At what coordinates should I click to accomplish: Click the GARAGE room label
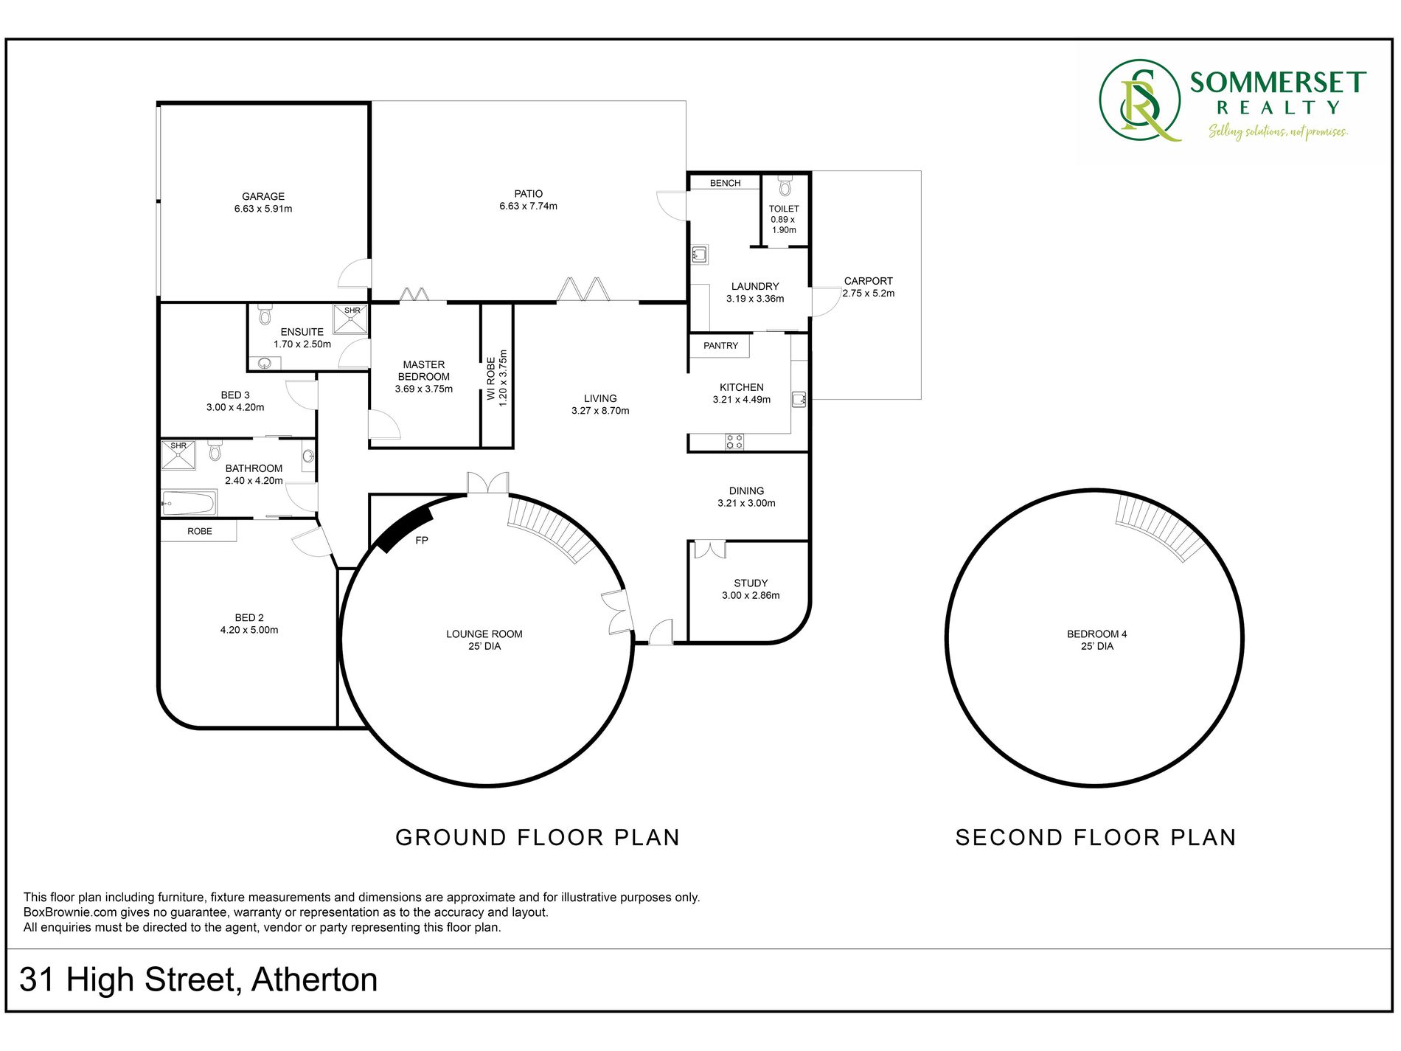click(x=263, y=196)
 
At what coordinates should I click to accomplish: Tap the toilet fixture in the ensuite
click(x=265, y=315)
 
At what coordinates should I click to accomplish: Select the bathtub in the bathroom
click(x=189, y=504)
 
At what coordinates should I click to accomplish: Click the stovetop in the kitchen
click(x=734, y=442)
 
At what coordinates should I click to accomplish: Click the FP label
click(x=422, y=541)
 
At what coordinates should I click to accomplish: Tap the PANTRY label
click(x=720, y=345)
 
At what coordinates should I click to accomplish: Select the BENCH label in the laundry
click(x=726, y=183)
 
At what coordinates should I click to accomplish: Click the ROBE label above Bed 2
click(x=200, y=531)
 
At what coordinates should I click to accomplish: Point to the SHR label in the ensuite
click(x=352, y=311)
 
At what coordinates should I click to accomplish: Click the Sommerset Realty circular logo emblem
click(x=1140, y=100)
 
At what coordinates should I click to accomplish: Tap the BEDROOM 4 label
click(x=1097, y=634)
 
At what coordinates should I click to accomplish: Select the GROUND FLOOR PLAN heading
click(x=538, y=837)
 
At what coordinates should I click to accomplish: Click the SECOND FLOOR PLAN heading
click(x=1096, y=837)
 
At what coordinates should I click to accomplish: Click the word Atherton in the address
click(x=315, y=979)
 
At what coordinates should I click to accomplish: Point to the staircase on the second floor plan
click(x=1160, y=525)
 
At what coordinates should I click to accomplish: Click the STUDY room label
click(x=751, y=583)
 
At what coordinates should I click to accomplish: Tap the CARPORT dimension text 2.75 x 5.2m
click(x=869, y=293)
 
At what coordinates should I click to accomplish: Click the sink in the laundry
click(x=700, y=255)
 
